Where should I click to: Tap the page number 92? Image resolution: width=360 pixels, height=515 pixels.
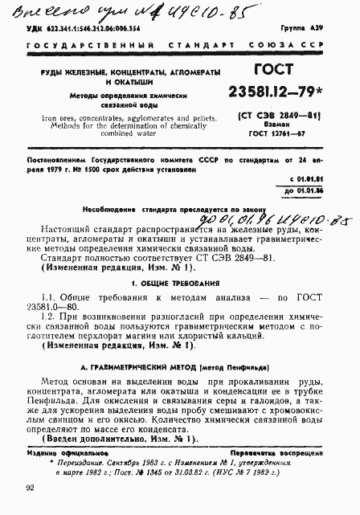coord(30,487)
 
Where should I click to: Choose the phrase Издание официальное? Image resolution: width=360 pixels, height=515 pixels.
coord(61,453)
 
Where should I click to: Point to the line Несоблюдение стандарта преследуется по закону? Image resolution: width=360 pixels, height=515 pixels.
coord(170,206)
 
